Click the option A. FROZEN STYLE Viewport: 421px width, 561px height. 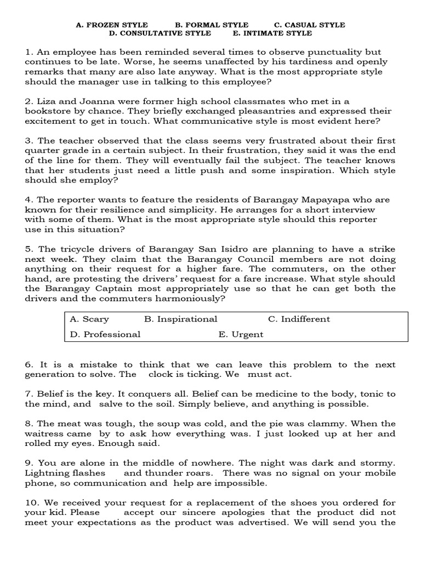click(112, 25)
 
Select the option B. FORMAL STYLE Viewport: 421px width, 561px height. click(212, 25)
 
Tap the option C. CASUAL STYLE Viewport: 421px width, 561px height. click(309, 25)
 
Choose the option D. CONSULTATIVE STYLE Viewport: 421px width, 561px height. click(160, 33)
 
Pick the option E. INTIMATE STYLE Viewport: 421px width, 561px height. click(272, 33)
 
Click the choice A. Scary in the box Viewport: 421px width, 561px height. click(90, 319)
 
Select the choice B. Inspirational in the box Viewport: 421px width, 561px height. click(181, 319)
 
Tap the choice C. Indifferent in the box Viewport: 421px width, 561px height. click(299, 319)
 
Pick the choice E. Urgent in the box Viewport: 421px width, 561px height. click(241, 334)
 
